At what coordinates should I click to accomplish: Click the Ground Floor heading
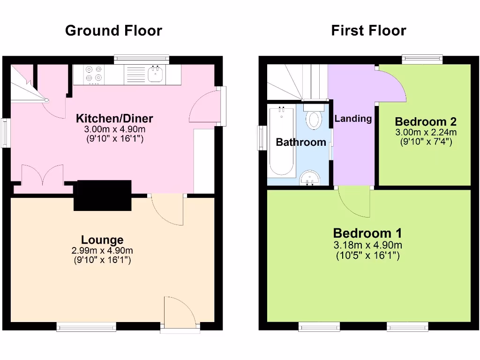(113, 31)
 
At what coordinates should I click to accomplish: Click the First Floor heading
(368, 31)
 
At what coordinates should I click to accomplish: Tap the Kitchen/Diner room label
(114, 118)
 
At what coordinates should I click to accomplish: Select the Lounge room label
(102, 240)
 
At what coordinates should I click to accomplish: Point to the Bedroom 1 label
(367, 233)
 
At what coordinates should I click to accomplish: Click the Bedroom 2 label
(426, 122)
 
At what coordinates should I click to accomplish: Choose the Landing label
(353, 119)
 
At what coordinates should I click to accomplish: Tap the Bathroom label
(300, 142)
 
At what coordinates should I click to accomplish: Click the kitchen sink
(155, 75)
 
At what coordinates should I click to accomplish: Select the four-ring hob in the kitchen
(94, 74)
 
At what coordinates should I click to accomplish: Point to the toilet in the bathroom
(314, 117)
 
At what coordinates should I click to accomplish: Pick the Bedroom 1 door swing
(354, 202)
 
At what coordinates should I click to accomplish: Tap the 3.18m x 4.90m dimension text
(367, 245)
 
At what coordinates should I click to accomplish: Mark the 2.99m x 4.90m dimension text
(102, 250)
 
